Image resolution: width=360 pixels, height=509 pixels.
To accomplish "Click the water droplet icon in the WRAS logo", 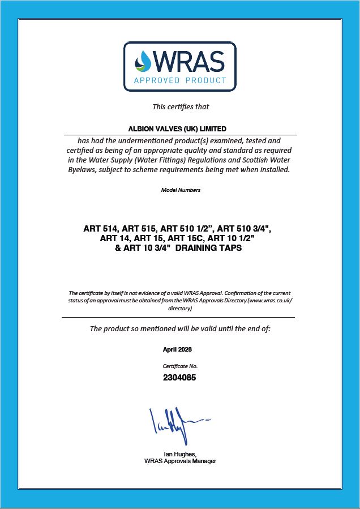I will click(x=144, y=61).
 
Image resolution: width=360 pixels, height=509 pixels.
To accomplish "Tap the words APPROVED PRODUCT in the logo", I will click(x=180, y=80).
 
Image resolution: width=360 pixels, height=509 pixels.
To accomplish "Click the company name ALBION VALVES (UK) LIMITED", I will click(x=180, y=129).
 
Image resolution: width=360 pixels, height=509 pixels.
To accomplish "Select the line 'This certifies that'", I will click(x=181, y=106).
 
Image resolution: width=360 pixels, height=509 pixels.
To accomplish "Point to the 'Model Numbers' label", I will click(x=181, y=190).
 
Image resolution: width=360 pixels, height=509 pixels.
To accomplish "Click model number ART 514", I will click(x=100, y=229).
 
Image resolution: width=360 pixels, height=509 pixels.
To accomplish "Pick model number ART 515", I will click(x=138, y=229).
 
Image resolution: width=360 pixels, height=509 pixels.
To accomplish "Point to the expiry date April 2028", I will click(x=181, y=350).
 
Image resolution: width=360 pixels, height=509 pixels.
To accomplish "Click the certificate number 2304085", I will click(x=180, y=377).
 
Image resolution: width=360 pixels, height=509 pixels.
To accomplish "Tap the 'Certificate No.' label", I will click(x=180, y=366).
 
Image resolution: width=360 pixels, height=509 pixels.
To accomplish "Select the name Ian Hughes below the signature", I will click(x=179, y=454).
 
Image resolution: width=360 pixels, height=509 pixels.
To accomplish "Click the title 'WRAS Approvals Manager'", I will click(x=180, y=461).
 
